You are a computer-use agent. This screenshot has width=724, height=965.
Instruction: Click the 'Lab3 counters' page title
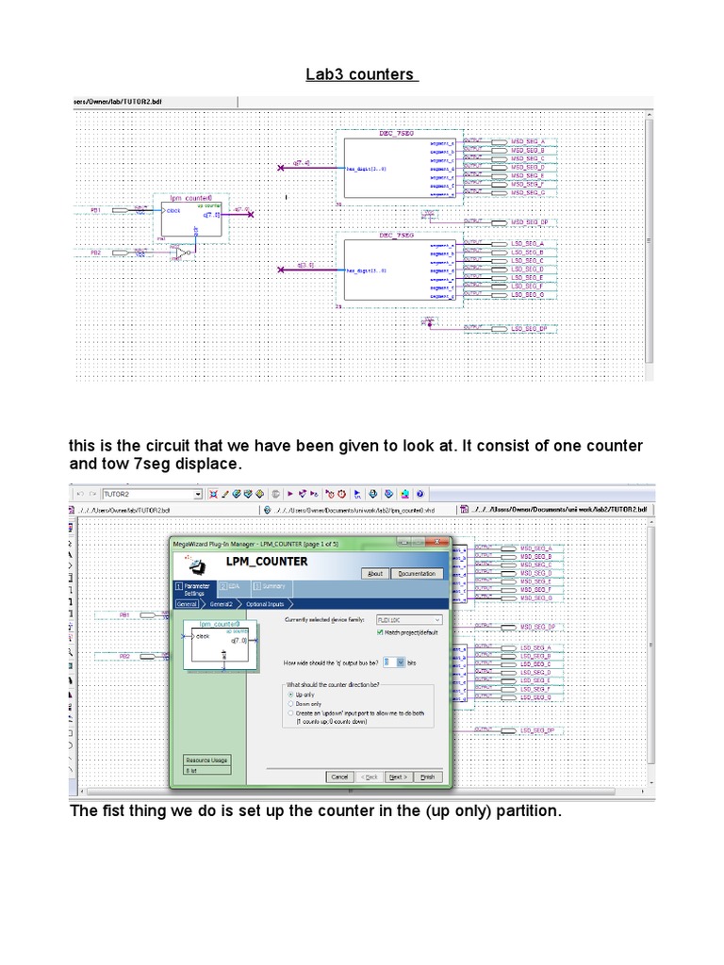(361, 74)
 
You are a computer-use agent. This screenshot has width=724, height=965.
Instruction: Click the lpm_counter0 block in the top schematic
(191, 218)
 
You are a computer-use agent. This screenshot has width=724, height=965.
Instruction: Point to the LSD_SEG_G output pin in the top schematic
(528, 295)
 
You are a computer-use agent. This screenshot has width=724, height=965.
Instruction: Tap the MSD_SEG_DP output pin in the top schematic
(530, 221)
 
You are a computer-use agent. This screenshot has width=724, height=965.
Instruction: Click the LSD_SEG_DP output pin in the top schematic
(530, 328)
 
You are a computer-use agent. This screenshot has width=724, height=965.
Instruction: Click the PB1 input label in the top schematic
(95, 211)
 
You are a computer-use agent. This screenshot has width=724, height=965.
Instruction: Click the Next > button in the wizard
(398, 777)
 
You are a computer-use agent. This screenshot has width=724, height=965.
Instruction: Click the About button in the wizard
(374, 573)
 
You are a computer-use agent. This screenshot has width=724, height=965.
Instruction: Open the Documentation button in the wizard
(417, 573)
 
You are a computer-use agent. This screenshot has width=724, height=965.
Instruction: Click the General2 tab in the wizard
(221, 603)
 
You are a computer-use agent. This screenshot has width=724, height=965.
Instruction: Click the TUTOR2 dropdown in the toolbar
(152, 493)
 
